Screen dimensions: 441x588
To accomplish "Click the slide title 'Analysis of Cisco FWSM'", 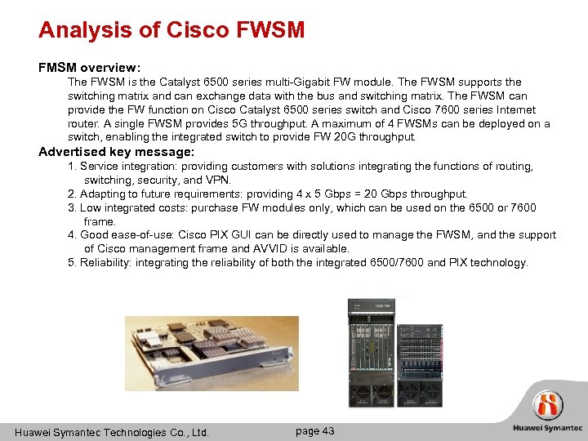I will (x=171, y=30).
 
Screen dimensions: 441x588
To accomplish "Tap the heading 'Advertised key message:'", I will (x=117, y=152).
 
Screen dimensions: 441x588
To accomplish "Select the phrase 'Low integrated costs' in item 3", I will (x=130, y=207).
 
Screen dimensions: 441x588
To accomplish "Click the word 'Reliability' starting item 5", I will (x=105, y=262).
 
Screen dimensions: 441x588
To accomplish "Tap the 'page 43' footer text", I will (x=314, y=430).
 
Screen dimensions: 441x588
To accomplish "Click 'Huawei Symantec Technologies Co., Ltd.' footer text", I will (x=113, y=432).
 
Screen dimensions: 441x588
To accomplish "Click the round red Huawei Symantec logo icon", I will (x=548, y=405).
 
